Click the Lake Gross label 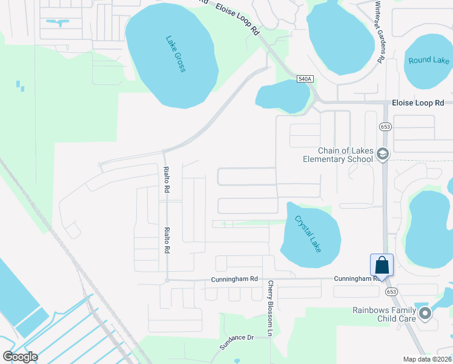coord(176,54)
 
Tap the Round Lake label coord(429,60)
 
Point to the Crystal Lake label coord(308,234)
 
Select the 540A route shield coord(305,79)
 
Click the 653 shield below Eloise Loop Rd coord(385,126)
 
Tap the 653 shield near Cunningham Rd coord(391,292)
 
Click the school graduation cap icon coord(382,155)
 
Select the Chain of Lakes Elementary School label coord(338,155)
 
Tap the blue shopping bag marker coord(382,265)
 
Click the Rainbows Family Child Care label coord(385,314)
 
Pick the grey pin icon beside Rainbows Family coord(425,314)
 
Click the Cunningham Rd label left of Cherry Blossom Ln coord(234,280)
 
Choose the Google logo coord(20,357)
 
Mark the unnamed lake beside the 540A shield coord(283,96)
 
